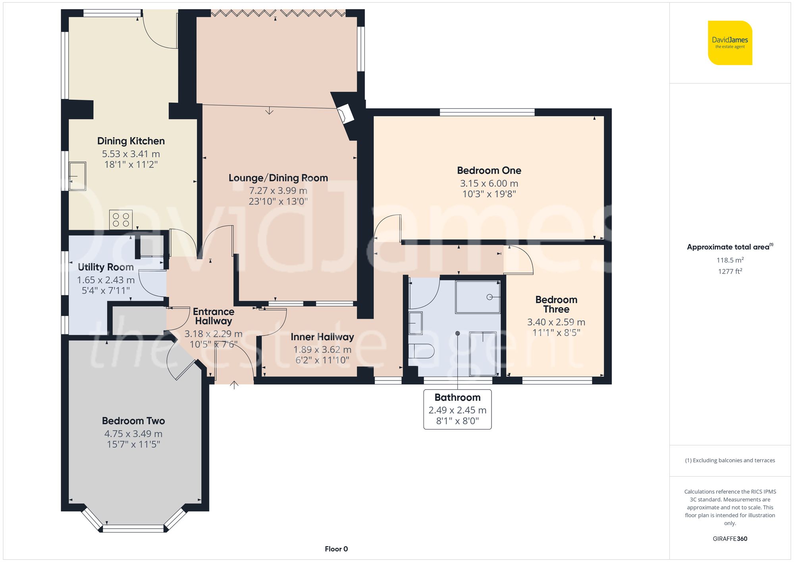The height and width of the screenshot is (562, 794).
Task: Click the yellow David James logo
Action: tap(730, 43)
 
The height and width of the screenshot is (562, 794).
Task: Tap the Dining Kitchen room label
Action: tap(131, 141)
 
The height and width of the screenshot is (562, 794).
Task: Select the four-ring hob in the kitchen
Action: tap(121, 220)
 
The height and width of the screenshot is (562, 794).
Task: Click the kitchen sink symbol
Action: tap(77, 176)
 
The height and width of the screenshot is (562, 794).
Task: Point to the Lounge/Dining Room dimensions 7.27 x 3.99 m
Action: tap(278, 191)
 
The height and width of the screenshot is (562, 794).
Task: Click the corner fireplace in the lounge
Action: tap(345, 114)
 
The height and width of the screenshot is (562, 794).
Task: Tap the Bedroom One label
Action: tap(489, 170)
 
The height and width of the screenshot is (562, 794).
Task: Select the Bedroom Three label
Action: tap(556, 304)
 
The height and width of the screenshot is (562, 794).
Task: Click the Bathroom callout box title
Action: tap(457, 398)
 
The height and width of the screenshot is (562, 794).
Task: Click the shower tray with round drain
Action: tap(478, 297)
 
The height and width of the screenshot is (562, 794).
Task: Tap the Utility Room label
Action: tap(106, 267)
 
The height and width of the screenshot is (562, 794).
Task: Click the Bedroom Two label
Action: tap(133, 421)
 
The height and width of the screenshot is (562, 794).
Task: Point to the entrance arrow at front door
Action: tap(234, 385)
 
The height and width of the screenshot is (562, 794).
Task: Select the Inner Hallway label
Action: tap(322, 337)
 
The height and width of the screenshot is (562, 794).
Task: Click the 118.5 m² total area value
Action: tap(730, 260)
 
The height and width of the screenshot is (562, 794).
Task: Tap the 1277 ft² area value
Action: tap(730, 271)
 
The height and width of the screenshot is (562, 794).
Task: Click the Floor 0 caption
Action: tap(336, 549)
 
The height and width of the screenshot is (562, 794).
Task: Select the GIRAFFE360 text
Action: tap(730, 539)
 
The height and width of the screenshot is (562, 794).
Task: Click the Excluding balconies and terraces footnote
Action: tap(730, 460)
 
